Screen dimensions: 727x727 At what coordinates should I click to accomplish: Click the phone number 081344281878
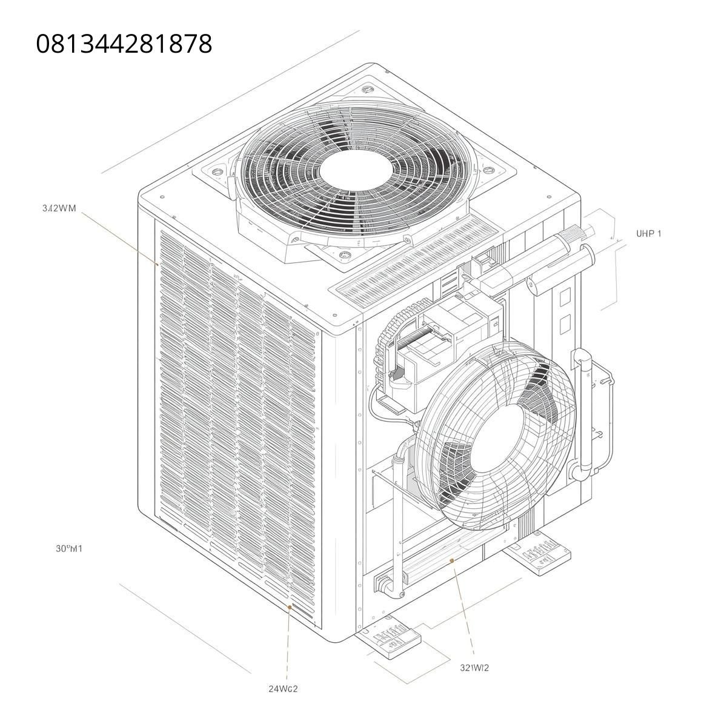coord(124,44)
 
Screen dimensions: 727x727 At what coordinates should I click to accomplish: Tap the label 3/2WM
coord(59,208)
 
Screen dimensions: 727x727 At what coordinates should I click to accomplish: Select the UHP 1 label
coord(648,233)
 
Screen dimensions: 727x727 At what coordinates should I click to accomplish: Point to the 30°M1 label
coord(68,549)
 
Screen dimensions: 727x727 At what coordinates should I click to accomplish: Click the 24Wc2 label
coord(284,688)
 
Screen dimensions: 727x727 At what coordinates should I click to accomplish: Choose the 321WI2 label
coord(474,668)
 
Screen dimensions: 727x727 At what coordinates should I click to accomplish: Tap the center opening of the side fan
coord(498,435)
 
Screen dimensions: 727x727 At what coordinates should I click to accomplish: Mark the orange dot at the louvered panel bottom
coord(290,606)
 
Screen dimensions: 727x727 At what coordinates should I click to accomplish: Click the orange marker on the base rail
coord(452,562)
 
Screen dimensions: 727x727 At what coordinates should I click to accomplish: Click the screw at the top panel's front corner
coord(335,316)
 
